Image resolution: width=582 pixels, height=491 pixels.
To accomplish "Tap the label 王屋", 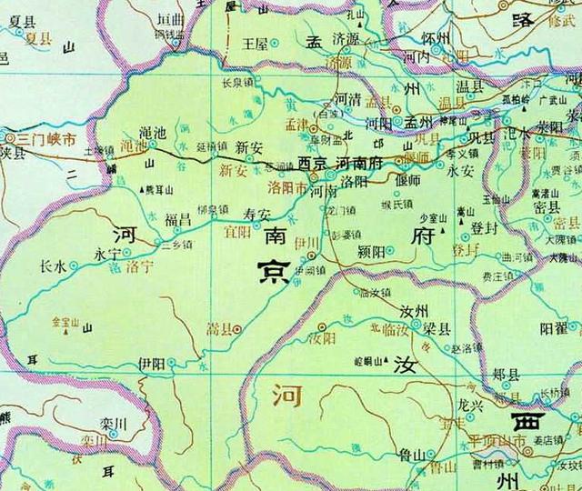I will pyautogui.click(x=255, y=43).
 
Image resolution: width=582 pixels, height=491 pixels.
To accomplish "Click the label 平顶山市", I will pyautogui.click(x=498, y=441).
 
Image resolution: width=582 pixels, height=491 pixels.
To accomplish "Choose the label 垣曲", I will pyautogui.click(x=170, y=18).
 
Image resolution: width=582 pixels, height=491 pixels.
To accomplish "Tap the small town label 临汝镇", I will pyautogui.click(x=375, y=292).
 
